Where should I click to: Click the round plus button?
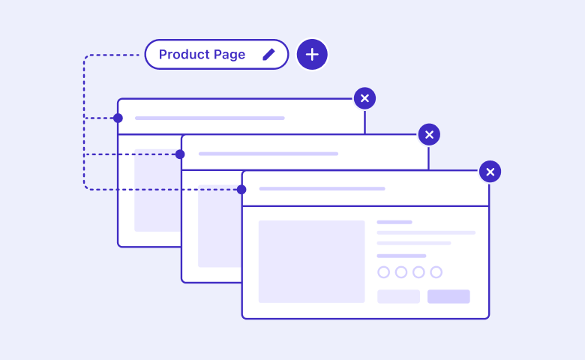pos(312,55)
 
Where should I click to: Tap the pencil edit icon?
pos(268,55)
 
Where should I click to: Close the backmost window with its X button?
pos(365,98)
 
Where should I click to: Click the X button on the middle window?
pos(429,135)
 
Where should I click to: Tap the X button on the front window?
pos(490,172)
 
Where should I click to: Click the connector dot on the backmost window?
pos(118,118)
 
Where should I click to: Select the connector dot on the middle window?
pos(180,154)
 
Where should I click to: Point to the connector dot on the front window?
pos(241,190)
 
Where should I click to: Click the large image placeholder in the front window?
pos(311,262)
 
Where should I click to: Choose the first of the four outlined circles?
pos(383,272)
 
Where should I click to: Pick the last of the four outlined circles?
pos(436,272)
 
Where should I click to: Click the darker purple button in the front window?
pos(448,296)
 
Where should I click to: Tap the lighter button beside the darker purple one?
pos(398,296)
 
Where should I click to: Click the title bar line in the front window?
pos(322,189)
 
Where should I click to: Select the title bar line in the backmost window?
pos(210,118)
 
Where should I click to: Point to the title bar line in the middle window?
pos(268,154)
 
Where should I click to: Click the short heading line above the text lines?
pos(394,222)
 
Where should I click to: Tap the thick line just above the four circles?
pos(401,256)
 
